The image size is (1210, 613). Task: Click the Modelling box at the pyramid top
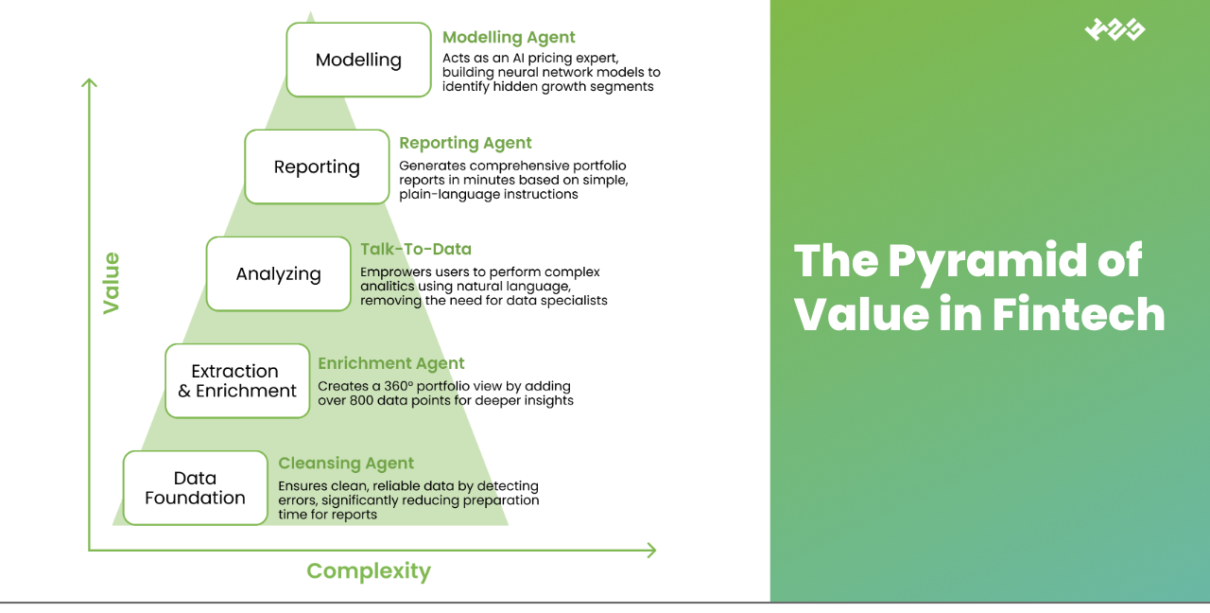358,61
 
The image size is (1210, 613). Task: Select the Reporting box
317,167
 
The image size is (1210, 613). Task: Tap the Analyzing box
278,274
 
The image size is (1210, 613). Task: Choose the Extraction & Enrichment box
237,381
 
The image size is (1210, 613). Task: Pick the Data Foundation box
196,488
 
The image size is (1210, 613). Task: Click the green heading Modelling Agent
509,38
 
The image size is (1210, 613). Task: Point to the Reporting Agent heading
465,144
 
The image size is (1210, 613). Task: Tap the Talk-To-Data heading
415,250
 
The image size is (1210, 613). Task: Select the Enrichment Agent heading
391,363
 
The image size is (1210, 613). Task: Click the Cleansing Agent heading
346,464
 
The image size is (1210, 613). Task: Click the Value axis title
112,283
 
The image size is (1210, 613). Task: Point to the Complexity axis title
369,571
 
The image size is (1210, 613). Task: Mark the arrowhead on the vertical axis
90,83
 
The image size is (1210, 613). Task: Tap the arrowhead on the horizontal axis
650,550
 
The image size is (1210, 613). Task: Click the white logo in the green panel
1115,30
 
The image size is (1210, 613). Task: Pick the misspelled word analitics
389,287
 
